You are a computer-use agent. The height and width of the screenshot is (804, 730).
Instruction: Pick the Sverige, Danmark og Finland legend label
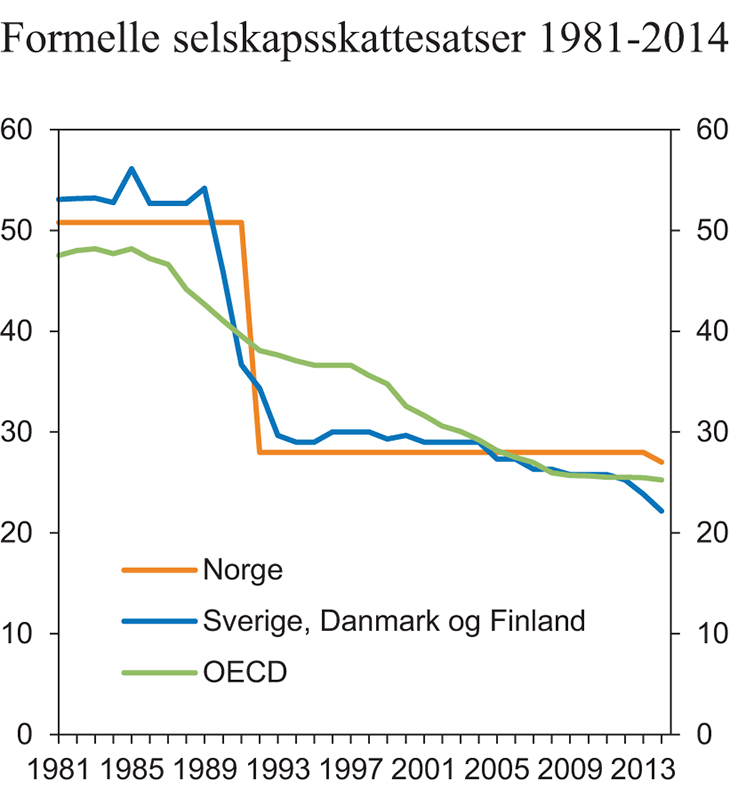click(x=393, y=621)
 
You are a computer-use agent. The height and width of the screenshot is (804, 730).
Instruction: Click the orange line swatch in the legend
click(x=158, y=571)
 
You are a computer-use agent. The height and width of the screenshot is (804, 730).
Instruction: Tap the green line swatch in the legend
click(x=158, y=671)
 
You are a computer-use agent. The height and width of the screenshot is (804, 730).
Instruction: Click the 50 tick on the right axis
click(x=697, y=230)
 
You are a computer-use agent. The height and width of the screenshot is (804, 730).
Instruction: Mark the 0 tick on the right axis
click(x=689, y=734)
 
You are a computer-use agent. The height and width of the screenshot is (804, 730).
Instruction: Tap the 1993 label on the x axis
click(x=275, y=773)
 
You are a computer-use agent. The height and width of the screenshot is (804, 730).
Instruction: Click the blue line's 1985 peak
click(x=131, y=168)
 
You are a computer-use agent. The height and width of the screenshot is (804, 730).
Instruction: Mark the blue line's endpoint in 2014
click(x=662, y=511)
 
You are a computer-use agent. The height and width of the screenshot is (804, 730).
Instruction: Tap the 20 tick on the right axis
click(x=697, y=532)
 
